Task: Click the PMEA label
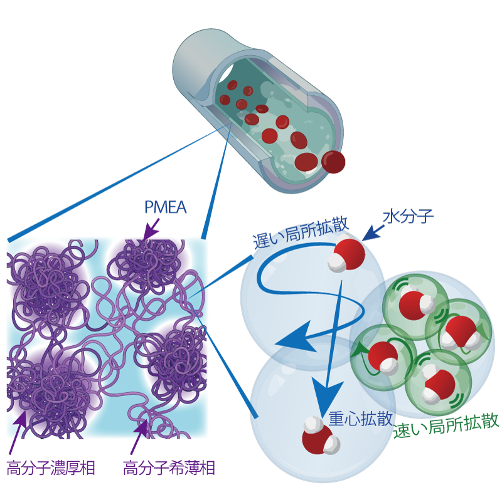coord(165,207)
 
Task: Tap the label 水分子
coord(409,216)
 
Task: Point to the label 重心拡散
coord(360,418)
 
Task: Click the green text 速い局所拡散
coord(446,425)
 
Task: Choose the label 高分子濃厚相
coord(51,467)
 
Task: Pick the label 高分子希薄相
coord(169,467)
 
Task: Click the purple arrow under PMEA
coord(151,229)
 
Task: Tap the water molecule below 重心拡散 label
coord(321,435)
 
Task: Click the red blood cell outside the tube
coord(333,162)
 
